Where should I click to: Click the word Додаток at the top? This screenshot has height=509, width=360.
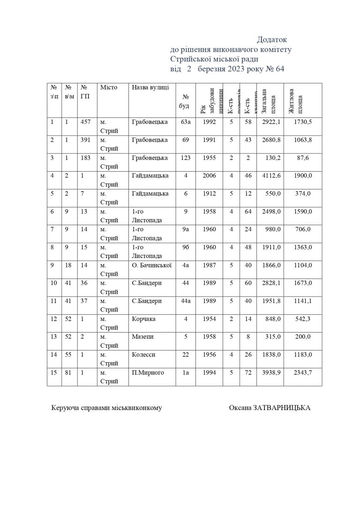coord(271,40)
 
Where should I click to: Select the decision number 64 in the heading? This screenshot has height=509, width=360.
coord(280,69)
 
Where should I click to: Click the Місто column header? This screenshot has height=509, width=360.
coord(108,87)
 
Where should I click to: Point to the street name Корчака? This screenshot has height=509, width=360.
coord(143,319)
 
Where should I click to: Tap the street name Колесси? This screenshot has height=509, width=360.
coord(143,355)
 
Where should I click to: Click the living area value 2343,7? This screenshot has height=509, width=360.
coord(303,372)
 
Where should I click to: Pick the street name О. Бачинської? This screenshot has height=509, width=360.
coord(152,265)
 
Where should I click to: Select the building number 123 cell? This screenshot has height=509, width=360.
coord(185,158)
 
